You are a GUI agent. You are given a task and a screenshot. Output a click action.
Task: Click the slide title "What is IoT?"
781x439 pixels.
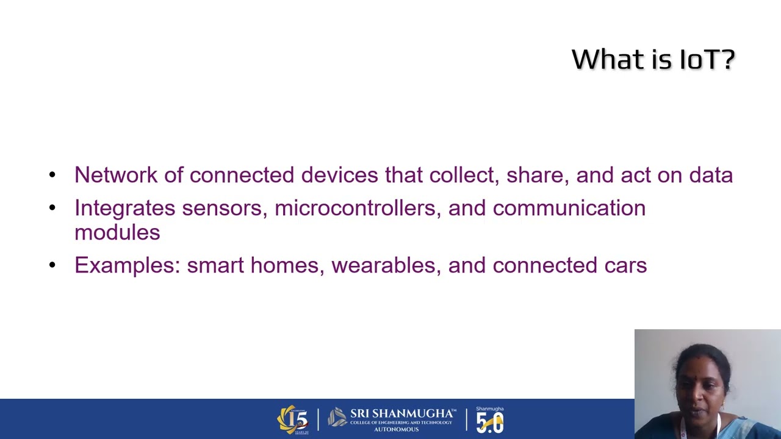point(653,59)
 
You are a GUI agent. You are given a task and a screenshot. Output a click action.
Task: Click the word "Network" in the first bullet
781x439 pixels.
point(116,175)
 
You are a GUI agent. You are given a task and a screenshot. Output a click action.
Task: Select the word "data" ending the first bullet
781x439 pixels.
point(711,175)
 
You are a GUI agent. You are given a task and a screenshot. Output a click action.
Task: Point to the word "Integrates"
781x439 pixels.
point(125,208)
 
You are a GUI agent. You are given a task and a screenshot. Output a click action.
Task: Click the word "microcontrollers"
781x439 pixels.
point(358,208)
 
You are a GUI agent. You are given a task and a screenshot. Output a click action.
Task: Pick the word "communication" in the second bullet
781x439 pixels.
point(569,208)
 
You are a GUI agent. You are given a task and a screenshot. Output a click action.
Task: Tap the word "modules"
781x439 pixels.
point(117,232)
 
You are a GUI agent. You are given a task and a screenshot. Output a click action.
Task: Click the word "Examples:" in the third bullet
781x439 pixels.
point(128,265)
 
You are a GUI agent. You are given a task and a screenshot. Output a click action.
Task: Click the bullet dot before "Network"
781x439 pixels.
point(52,175)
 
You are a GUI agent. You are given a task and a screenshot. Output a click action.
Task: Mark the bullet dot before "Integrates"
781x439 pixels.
point(52,208)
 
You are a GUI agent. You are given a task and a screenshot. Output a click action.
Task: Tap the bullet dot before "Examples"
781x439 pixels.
point(52,265)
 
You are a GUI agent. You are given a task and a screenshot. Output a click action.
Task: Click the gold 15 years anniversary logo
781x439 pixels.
point(293,419)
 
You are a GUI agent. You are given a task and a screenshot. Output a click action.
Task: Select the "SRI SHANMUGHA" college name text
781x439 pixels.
point(403,413)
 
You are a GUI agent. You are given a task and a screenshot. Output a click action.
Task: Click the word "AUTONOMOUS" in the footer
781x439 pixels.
point(396,429)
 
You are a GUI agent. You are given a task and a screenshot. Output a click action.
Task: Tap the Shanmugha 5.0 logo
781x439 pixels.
point(490,419)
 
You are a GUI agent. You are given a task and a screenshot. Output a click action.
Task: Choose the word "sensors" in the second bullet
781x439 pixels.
point(225,208)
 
